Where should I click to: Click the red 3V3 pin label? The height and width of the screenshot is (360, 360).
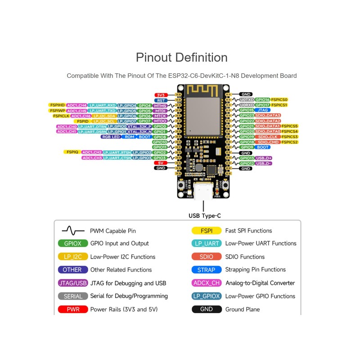coord(160,95)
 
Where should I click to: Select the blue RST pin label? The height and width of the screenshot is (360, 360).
coord(160,100)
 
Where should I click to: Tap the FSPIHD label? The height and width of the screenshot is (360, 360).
coord(57,105)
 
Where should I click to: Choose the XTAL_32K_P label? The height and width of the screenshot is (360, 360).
coord(139,126)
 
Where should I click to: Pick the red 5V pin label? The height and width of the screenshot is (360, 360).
coord(160,163)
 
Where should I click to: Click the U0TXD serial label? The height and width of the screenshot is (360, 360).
coord(247,100)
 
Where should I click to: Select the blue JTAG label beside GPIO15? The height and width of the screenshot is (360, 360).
coord(262,110)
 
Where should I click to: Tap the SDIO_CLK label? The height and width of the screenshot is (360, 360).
coord(268,137)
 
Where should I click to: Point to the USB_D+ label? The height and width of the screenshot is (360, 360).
coord(263,158)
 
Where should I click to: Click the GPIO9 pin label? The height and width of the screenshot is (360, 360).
coord(247,147)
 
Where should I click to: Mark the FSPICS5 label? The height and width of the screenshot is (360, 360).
coord(290,126)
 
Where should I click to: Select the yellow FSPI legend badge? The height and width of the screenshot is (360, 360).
coord(207,231)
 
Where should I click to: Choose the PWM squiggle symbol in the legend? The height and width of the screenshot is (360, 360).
coord(73,231)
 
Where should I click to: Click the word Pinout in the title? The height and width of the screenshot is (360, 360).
coord(154,58)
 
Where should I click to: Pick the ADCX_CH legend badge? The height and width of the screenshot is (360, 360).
coord(207,283)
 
